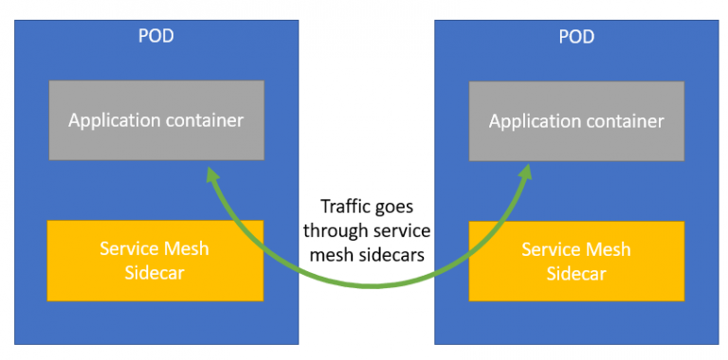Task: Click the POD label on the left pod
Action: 155,36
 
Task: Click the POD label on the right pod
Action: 576,36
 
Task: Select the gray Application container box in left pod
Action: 155,120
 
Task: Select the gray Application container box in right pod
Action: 576,120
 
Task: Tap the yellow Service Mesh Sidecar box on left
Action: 155,260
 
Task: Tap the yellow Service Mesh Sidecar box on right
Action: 576,260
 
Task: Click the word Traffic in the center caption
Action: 345,206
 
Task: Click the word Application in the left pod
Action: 112,120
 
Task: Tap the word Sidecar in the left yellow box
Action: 155,272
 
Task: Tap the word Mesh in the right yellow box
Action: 610,248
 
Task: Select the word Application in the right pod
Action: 533,120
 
